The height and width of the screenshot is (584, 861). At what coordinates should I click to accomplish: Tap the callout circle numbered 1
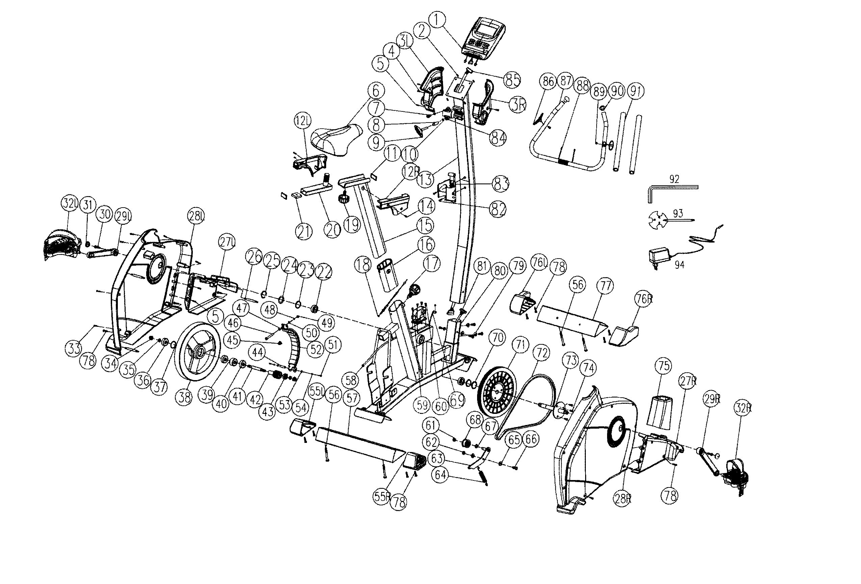438,19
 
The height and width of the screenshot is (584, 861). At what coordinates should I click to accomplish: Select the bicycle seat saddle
336,139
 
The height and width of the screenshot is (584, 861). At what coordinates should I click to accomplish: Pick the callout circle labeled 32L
70,204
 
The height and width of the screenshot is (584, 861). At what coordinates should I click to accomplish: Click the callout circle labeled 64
441,475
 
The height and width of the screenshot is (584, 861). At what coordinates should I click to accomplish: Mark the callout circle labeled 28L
197,216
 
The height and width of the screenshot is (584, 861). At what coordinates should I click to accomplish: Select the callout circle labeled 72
542,354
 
